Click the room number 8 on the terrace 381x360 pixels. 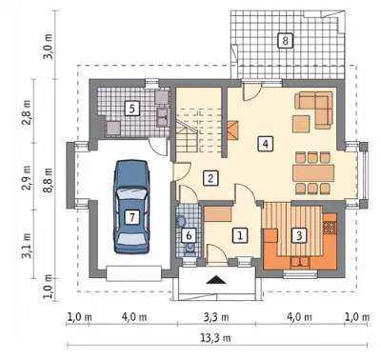pos(285,40)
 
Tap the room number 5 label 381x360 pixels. pos(132,109)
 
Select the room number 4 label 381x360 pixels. pos(266,144)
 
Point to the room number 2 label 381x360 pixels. pos(211,178)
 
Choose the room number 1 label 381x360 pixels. pos(240,235)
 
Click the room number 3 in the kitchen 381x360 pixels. pos(299,235)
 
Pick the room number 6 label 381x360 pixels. pos(189,235)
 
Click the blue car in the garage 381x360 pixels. pos(131,207)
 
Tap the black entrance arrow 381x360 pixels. pos(216,280)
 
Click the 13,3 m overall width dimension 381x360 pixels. pos(215,338)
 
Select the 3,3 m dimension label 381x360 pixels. pos(217,317)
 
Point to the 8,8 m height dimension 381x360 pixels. pos(49,179)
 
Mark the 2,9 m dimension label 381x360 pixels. pos(27,177)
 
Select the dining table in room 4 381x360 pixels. pos(313,173)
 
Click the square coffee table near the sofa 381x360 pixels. pos(301,124)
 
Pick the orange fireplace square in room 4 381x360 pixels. pos(232,130)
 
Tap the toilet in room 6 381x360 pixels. pos(190,249)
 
